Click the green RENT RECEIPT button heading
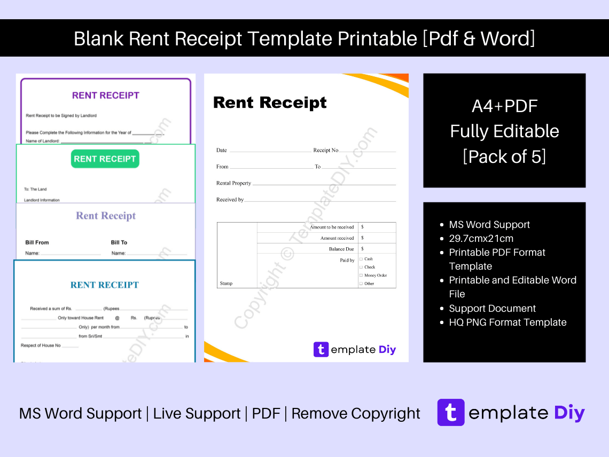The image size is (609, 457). [x=105, y=159]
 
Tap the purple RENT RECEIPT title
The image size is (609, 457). [x=105, y=96]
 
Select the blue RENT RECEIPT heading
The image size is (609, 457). [x=104, y=285]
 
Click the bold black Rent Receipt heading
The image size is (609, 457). [x=270, y=103]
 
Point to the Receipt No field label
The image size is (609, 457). [x=325, y=151]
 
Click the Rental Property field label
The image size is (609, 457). [x=233, y=183]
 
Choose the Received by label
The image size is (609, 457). [x=230, y=200]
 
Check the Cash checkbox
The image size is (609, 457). [x=361, y=259]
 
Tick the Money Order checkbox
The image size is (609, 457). [x=361, y=275]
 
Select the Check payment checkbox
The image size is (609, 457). [x=361, y=267]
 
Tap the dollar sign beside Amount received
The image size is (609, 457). [x=362, y=238]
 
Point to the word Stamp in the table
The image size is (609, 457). [x=226, y=283]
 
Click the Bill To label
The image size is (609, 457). [x=119, y=242]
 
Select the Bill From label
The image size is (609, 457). [x=37, y=242]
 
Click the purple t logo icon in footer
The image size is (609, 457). [x=451, y=413]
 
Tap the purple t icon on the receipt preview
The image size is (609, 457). [x=321, y=350]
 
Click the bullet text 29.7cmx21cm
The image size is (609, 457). [x=481, y=239]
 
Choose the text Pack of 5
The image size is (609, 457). [x=504, y=156]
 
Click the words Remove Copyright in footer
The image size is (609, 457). [x=356, y=414]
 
